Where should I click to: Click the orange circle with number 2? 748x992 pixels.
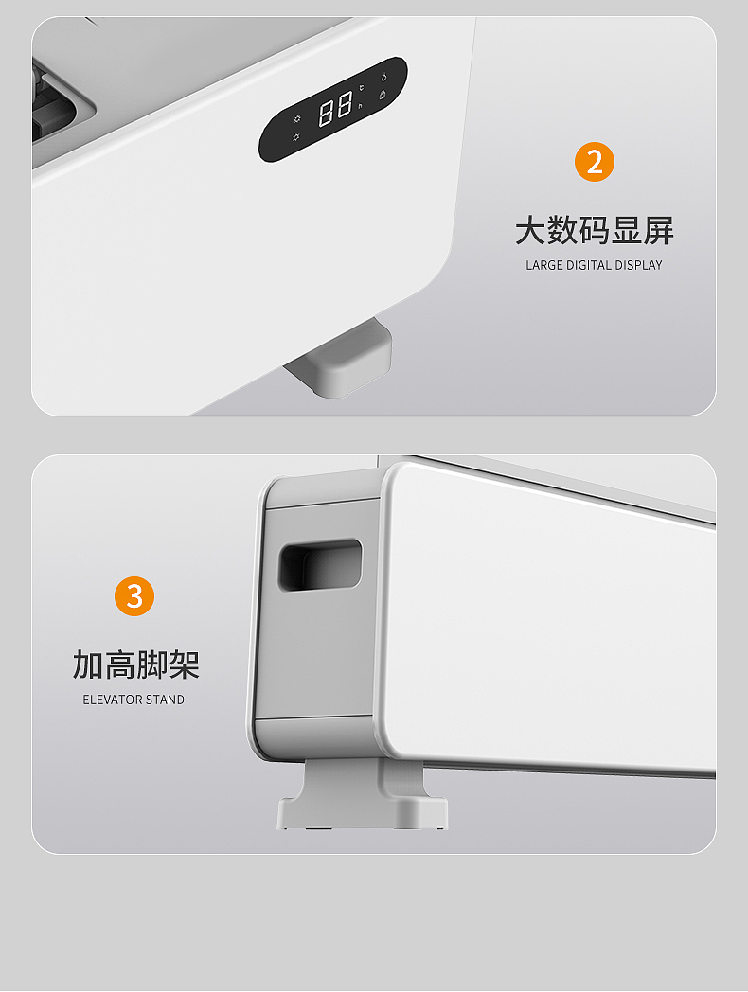pyautogui.click(x=595, y=162)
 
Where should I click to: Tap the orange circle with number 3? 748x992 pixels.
pyautogui.click(x=134, y=596)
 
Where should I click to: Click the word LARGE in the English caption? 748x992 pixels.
pyautogui.click(x=544, y=265)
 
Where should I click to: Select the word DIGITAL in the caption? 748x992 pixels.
pyautogui.click(x=589, y=265)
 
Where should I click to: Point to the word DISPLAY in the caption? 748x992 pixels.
pyautogui.click(x=639, y=265)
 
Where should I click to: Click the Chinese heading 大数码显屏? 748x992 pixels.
pyautogui.click(x=595, y=230)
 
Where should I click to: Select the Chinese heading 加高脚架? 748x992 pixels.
pyautogui.click(x=135, y=664)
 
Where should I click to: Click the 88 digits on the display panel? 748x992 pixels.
pyautogui.click(x=336, y=109)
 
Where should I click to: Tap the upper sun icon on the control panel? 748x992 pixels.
pyautogui.click(x=296, y=119)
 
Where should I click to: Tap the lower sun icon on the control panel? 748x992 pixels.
pyautogui.click(x=296, y=138)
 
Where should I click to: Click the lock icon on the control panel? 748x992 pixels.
pyautogui.click(x=383, y=94)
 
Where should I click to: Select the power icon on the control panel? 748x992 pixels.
pyautogui.click(x=383, y=76)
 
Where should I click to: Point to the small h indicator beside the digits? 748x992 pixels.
pyautogui.click(x=360, y=106)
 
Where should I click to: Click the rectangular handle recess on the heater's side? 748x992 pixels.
pyautogui.click(x=319, y=564)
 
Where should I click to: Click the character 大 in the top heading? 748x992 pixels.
pyautogui.click(x=530, y=230)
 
